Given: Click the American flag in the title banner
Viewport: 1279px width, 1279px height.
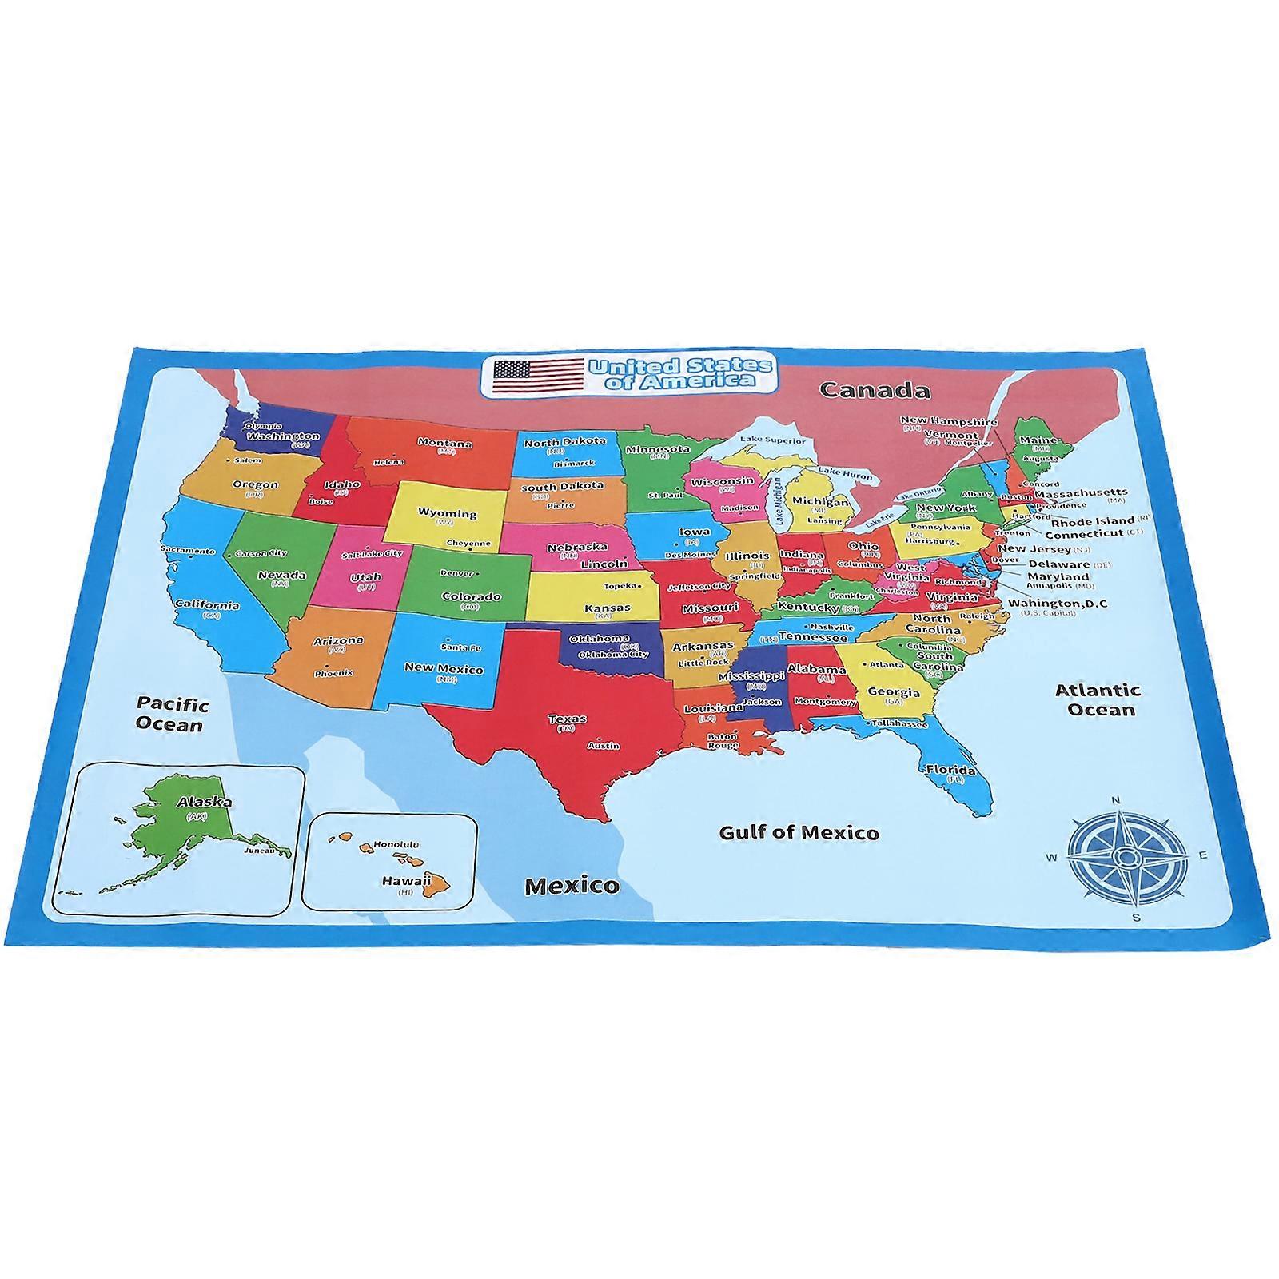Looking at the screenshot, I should click(538, 375).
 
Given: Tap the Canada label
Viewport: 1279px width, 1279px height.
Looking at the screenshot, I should click(875, 390).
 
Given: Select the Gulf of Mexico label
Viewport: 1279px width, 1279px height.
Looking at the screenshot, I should click(799, 832).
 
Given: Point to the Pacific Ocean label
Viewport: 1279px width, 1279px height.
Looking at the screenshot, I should click(171, 714).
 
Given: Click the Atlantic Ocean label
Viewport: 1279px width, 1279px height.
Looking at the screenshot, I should click(1097, 699).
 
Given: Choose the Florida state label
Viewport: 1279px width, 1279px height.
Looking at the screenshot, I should click(950, 771).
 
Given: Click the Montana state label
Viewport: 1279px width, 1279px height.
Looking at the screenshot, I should click(444, 443).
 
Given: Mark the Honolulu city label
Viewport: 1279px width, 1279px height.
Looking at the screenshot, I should click(396, 844).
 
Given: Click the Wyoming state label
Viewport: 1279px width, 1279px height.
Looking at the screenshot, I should click(448, 514).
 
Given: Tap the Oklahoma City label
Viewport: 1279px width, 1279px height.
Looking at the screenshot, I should click(613, 654).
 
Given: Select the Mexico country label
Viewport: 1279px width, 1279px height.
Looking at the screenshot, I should click(572, 885).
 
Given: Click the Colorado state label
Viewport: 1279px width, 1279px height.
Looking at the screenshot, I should click(471, 596).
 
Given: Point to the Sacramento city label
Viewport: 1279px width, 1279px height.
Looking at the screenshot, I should click(188, 550).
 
